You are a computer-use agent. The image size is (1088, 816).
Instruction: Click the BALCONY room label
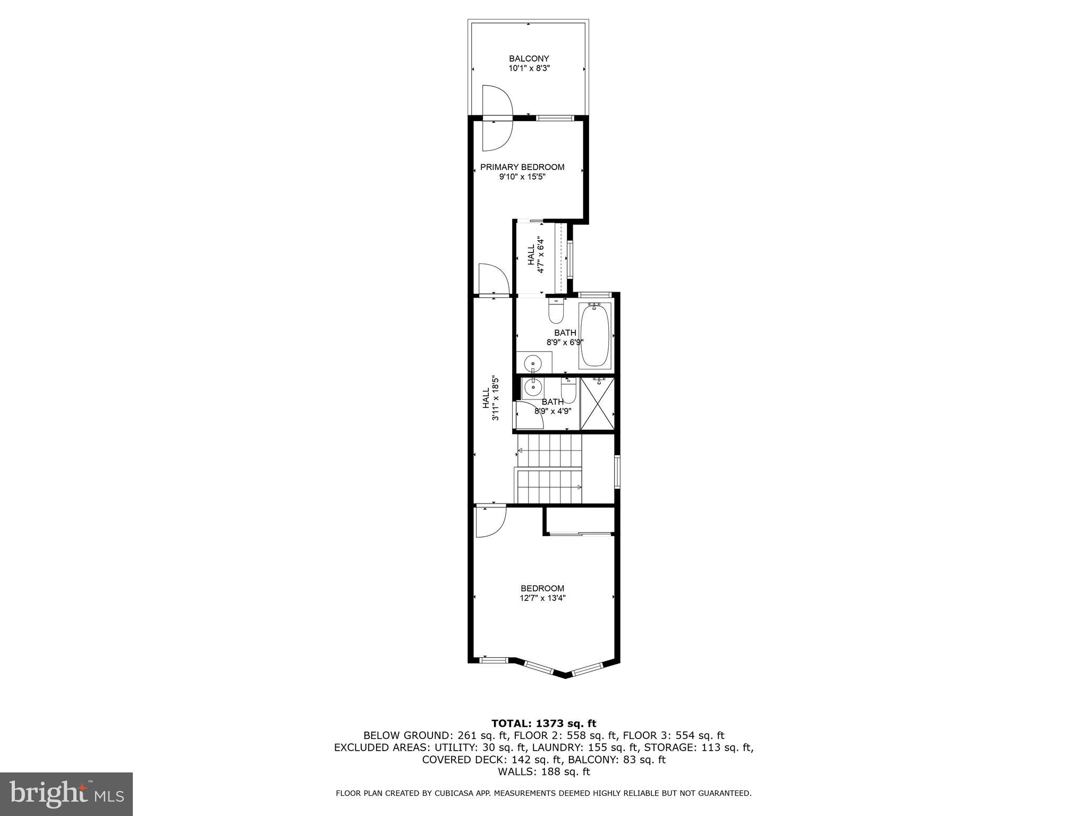(529, 58)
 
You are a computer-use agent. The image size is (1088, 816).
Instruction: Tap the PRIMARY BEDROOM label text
(522, 167)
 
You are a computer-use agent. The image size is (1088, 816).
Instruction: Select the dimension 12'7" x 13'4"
(542, 598)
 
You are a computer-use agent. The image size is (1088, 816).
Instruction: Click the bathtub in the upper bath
(595, 335)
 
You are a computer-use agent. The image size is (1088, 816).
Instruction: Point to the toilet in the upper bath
(556, 312)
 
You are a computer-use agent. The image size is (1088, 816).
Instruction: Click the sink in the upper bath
(533, 364)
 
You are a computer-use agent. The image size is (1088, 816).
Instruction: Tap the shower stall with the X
(598, 403)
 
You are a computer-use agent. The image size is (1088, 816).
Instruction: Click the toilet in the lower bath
(568, 391)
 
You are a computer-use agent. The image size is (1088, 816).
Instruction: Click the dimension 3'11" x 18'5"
(495, 398)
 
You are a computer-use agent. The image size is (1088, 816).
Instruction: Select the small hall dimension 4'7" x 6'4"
(541, 255)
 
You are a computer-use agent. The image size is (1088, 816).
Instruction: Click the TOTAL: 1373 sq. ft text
(543, 723)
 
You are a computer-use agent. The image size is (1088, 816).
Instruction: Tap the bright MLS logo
(66, 794)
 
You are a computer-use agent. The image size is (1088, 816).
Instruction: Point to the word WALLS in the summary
(515, 772)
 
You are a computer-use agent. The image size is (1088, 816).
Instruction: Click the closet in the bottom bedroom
(580, 520)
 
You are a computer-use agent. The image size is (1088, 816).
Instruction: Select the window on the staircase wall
(617, 471)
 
